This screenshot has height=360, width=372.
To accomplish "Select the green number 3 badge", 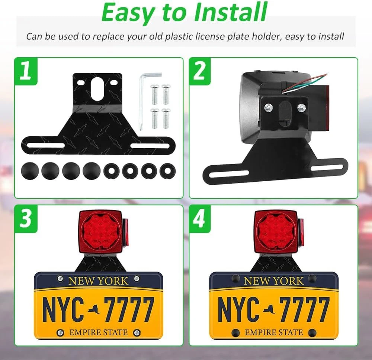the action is (26, 219).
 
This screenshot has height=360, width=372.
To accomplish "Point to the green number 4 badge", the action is (200, 219).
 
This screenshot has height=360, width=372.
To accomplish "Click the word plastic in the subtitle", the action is (179, 37).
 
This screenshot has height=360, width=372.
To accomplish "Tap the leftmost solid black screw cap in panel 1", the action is (30, 171).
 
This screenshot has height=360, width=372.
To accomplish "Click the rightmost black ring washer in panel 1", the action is (168, 171).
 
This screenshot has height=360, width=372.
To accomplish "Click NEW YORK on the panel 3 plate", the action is (98, 281).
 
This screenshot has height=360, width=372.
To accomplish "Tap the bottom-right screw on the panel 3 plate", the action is (137, 333).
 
